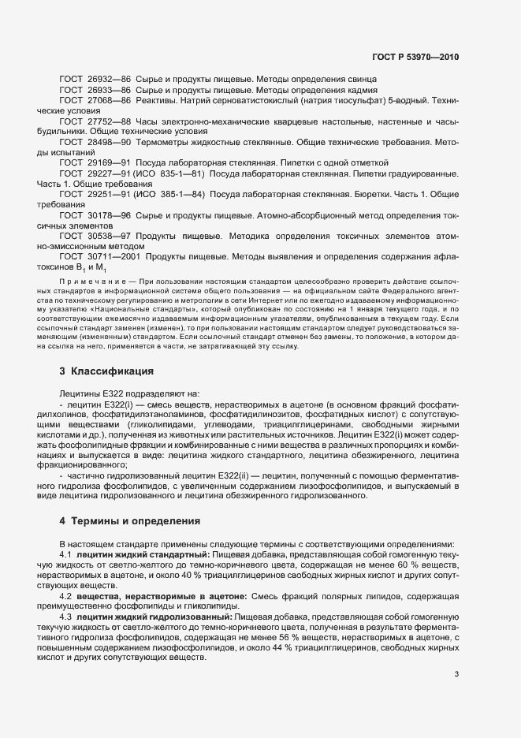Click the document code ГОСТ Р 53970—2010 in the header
[415, 58]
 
